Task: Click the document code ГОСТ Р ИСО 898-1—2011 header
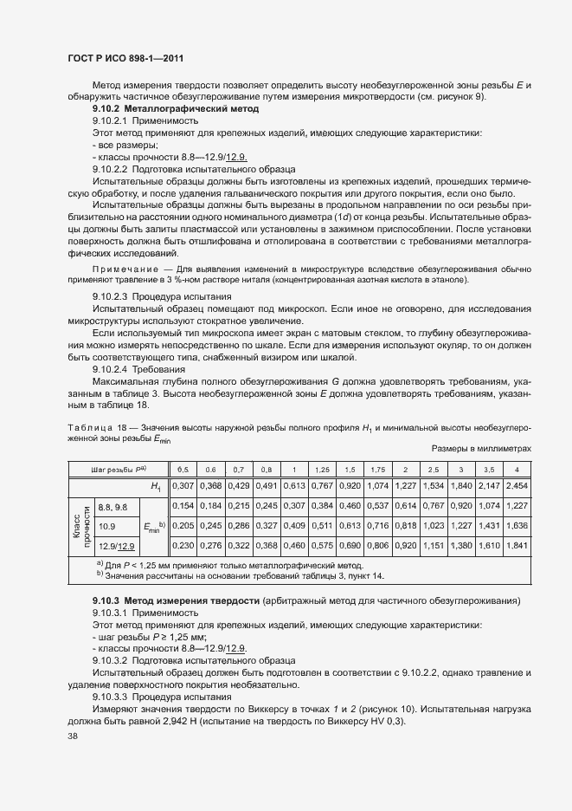(126, 59)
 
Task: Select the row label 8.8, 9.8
(113, 505)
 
